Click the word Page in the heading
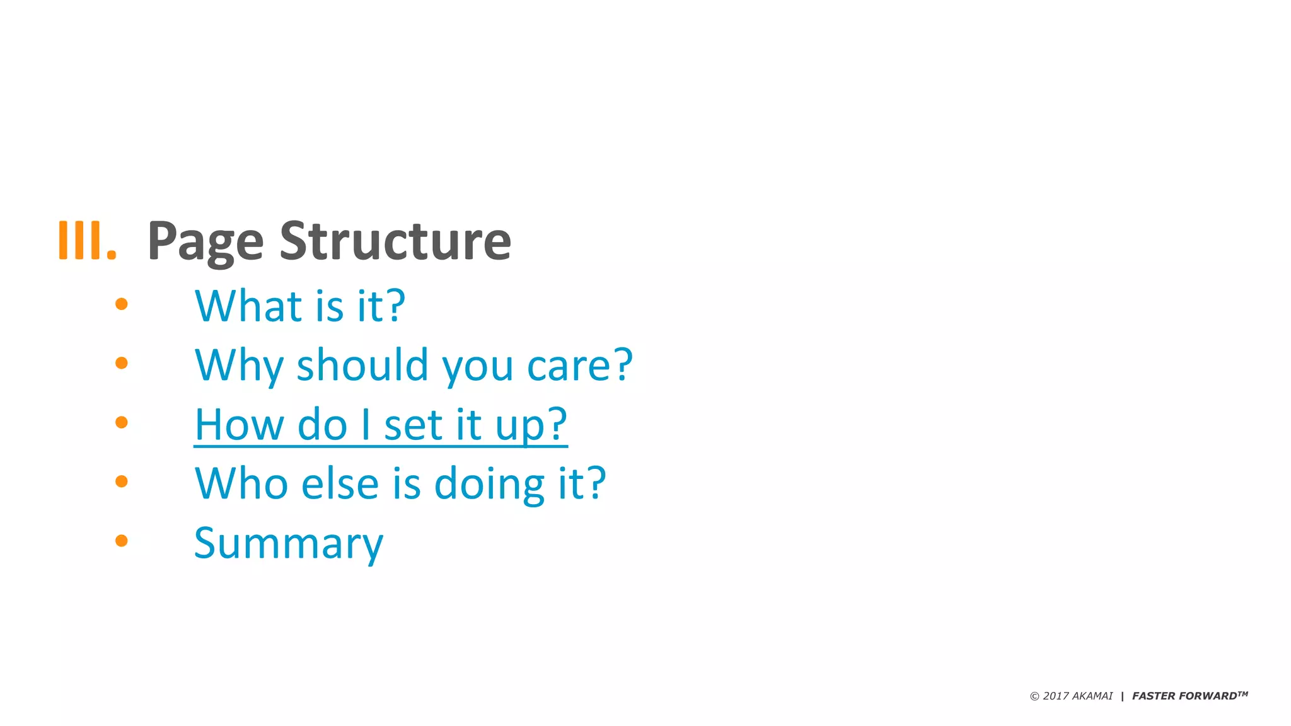point(205,242)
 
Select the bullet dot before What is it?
point(122,304)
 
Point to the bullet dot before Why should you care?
point(122,363)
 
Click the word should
point(362,365)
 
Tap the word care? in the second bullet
point(579,366)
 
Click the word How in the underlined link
point(239,424)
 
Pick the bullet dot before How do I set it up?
point(122,422)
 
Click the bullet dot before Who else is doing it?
point(122,481)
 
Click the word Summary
point(288,544)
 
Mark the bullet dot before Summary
point(122,540)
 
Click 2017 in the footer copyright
point(1056,696)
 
